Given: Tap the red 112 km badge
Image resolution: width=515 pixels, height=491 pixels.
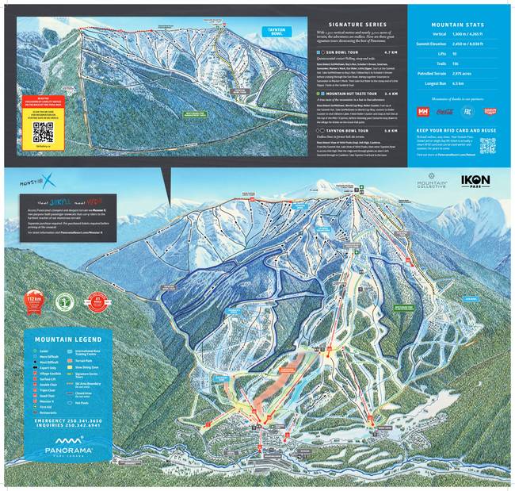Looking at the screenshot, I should [x=34, y=301].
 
